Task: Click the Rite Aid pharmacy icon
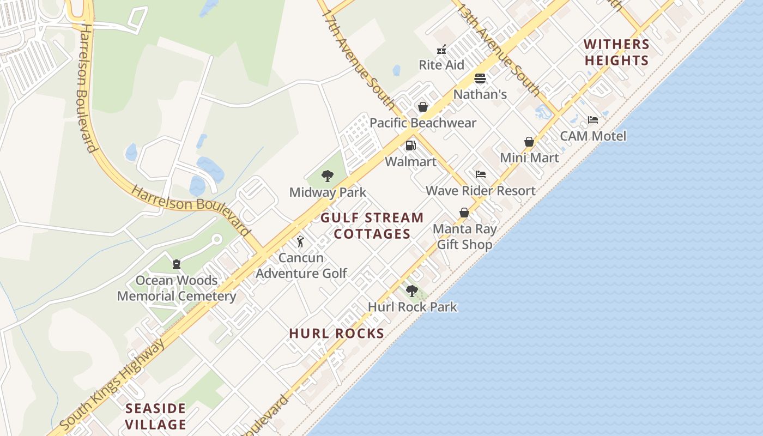442,50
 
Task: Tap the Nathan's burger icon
480,79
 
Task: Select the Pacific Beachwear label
423,123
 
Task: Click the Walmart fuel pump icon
410,146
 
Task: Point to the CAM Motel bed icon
593,120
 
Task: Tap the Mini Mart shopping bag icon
529,142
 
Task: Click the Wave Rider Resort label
480,191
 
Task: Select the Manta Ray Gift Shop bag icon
464,213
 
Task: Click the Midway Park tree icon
328,176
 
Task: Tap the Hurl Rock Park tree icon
412,291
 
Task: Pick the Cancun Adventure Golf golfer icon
300,241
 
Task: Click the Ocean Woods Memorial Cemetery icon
177,264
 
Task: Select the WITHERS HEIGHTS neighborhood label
616,52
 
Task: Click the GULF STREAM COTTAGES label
372,226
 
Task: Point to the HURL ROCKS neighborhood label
337,334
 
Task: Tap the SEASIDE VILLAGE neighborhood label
156,416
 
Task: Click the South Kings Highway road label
111,385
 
